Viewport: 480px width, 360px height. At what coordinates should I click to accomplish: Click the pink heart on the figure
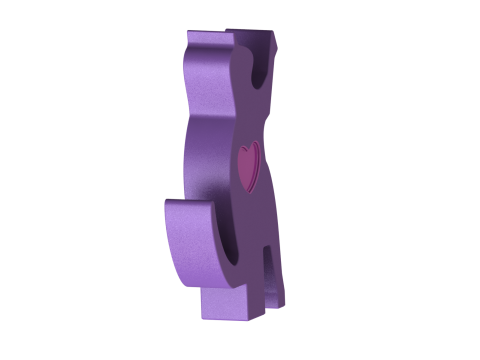point(248,163)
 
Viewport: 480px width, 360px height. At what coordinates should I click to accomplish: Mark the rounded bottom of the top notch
point(262,78)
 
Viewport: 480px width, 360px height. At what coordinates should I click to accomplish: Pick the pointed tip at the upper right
point(273,33)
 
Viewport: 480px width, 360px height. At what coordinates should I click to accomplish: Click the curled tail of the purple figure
point(190,245)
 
